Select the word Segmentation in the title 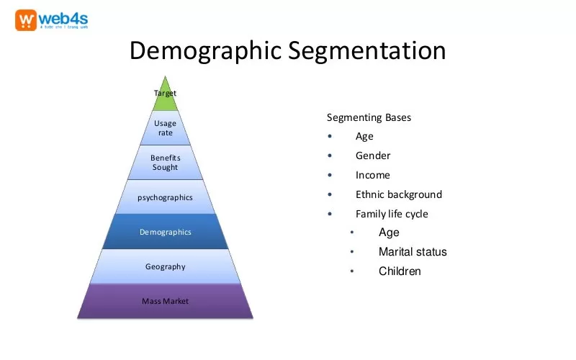tap(366, 51)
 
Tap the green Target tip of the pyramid tap(165, 94)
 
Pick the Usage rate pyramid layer tap(165, 128)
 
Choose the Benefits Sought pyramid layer tap(165, 163)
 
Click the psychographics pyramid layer tap(165, 197)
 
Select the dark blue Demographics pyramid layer tap(165, 232)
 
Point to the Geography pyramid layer tap(165, 266)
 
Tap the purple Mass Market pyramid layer tap(165, 301)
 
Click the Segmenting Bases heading tap(369, 117)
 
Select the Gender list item tap(373, 156)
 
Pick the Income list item tap(372, 175)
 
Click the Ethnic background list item tap(398, 194)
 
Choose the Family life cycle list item tap(392, 214)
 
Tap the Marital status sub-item tap(413, 252)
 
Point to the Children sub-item tap(400, 271)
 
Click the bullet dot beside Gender tap(330, 156)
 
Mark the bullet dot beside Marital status tap(352, 252)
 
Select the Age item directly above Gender tap(364, 136)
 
